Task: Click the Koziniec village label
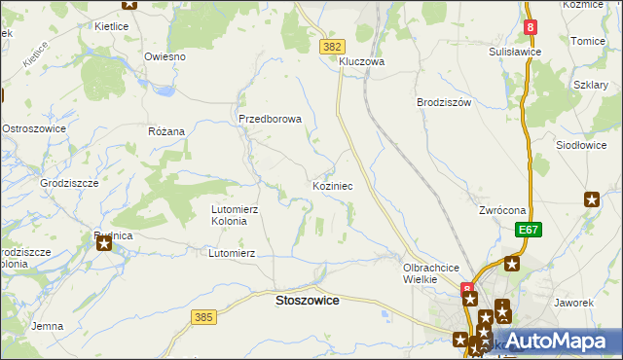tap(339, 185)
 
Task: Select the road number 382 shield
tap(332, 46)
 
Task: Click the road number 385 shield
tap(203, 317)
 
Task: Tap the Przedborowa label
tap(271, 120)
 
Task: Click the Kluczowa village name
tap(362, 61)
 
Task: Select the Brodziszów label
tap(443, 102)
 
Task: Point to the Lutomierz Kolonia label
tap(236, 215)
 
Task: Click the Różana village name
tap(165, 130)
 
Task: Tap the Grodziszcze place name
tap(68, 182)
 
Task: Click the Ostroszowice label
tap(34, 128)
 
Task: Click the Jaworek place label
tap(573, 303)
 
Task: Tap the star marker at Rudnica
tap(104, 244)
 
